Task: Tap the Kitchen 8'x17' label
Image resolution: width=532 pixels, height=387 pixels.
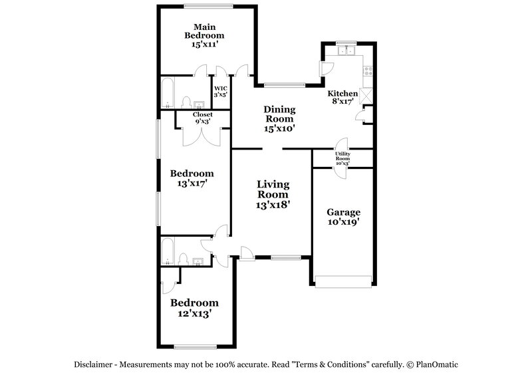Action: click(x=342, y=98)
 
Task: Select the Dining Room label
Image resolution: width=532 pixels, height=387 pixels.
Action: click(x=279, y=118)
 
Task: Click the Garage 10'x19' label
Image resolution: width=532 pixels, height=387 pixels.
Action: click(x=342, y=217)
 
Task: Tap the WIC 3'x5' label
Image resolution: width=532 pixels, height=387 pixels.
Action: click(x=220, y=92)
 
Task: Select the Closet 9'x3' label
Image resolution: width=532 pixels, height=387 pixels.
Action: click(x=203, y=118)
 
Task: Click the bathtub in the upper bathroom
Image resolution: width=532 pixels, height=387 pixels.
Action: click(x=168, y=92)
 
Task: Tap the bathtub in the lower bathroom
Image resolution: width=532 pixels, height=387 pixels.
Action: click(x=168, y=251)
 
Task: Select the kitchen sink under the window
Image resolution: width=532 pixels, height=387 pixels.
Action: click(x=346, y=51)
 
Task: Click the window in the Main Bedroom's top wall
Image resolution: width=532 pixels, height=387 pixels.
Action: click(x=208, y=7)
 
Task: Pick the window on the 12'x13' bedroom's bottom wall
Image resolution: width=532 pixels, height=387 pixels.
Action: click(x=196, y=346)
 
